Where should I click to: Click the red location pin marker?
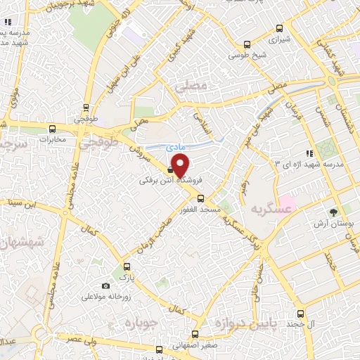[x=180, y=165]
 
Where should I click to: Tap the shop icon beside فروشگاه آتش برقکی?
[x=171, y=169]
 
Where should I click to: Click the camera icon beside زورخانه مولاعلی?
[x=105, y=285]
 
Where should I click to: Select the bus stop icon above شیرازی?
[x=280, y=29]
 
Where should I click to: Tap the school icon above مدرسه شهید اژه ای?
[x=308, y=153]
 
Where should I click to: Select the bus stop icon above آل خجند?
[x=300, y=314]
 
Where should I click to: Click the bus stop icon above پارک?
[x=127, y=266]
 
